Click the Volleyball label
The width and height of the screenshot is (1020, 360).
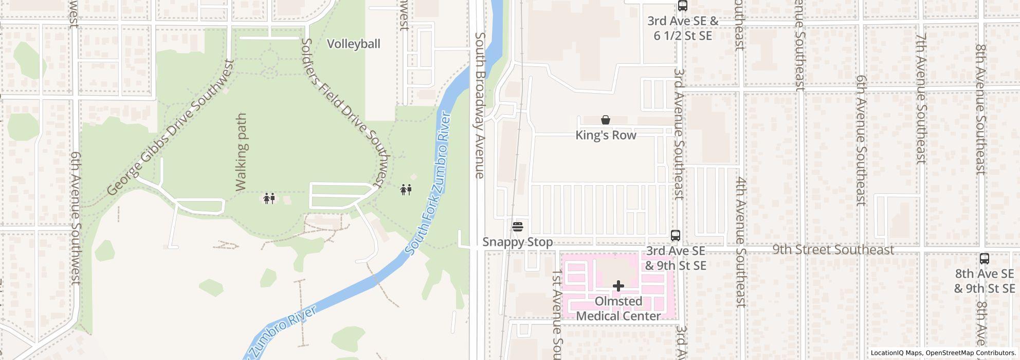click(x=354, y=44)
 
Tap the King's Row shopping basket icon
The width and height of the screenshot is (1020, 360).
click(x=606, y=120)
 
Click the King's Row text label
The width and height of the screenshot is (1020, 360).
click(x=606, y=135)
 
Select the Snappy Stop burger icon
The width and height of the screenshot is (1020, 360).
click(x=518, y=226)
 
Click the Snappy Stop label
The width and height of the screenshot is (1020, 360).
click(x=518, y=242)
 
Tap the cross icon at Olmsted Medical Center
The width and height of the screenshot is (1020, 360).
click(x=618, y=285)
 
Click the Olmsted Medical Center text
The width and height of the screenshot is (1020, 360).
click(x=618, y=309)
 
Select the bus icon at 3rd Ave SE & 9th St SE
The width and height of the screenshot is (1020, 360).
click(x=676, y=236)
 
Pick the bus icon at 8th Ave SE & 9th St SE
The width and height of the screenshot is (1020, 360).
click(x=984, y=259)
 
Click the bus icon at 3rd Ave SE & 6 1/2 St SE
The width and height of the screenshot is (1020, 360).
click(x=682, y=6)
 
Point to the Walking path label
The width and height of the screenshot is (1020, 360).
click(x=241, y=153)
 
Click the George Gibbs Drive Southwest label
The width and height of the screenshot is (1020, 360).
click(x=171, y=128)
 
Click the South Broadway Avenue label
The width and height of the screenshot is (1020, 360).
click(x=480, y=105)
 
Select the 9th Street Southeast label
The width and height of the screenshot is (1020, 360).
click(x=833, y=249)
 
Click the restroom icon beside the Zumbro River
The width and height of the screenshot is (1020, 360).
click(x=406, y=190)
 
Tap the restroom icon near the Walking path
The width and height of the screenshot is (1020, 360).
click(x=269, y=198)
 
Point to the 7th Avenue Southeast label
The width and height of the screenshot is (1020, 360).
click(x=921, y=99)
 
